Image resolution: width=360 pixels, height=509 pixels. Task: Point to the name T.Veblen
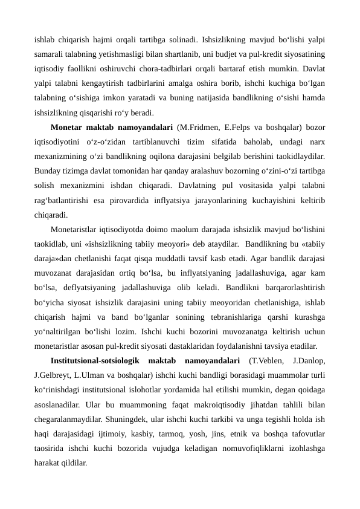[268, 361]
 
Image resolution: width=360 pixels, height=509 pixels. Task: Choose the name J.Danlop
[308, 361]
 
